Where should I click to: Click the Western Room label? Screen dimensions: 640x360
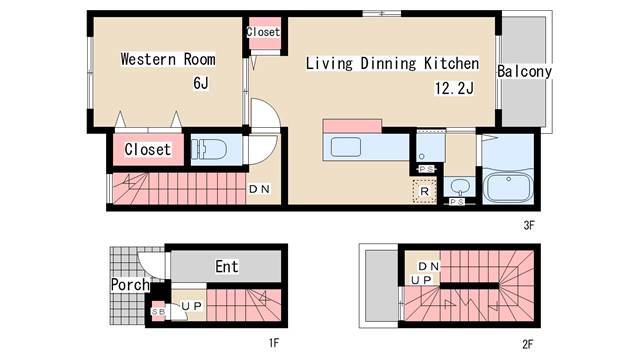click(x=168, y=59)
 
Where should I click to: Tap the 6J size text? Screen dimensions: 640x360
click(x=201, y=83)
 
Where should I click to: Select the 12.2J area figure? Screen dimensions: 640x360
click(x=454, y=88)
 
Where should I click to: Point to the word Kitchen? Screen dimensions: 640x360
click(x=451, y=63)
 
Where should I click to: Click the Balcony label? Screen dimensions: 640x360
click(x=524, y=71)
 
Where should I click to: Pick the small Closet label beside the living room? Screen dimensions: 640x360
click(x=263, y=32)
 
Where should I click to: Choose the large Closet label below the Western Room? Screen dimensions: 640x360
click(x=148, y=149)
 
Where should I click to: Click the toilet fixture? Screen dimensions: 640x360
click(x=209, y=149)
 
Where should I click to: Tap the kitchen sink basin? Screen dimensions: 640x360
click(x=346, y=147)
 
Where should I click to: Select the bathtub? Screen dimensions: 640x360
click(x=508, y=187)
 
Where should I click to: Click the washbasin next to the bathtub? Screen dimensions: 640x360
click(x=460, y=187)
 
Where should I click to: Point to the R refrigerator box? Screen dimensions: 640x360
click(x=424, y=191)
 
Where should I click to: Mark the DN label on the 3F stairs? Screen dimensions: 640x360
click(x=259, y=189)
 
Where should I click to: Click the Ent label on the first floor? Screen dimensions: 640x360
click(x=227, y=267)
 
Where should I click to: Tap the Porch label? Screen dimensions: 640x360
click(x=130, y=284)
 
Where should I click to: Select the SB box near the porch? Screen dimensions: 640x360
click(x=158, y=311)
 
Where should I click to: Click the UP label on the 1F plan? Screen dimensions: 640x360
click(x=192, y=306)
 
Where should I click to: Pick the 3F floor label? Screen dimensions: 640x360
click(x=529, y=225)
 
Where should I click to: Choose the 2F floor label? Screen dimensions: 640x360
click(x=528, y=344)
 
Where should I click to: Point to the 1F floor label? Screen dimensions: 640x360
click(x=274, y=343)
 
